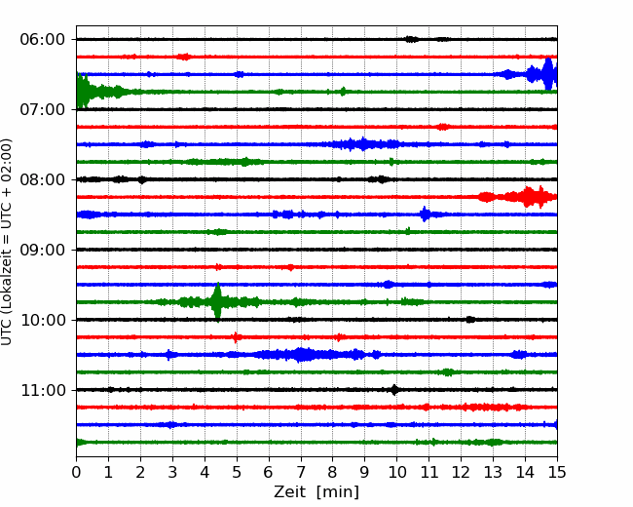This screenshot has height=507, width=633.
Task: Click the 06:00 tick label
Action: (x=43, y=40)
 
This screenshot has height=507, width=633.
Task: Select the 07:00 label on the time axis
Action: (x=43, y=109)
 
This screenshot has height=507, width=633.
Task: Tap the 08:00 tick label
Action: (x=43, y=179)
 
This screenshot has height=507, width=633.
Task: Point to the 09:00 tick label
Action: (x=43, y=250)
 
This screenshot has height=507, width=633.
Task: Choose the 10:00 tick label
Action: (x=43, y=320)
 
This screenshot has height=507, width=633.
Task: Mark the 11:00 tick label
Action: (x=43, y=390)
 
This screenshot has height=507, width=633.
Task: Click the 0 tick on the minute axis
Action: (x=76, y=472)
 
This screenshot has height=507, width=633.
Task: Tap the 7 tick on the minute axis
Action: (x=300, y=472)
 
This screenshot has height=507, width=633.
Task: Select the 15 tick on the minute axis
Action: (x=557, y=472)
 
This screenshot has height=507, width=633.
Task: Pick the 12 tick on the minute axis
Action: (x=461, y=472)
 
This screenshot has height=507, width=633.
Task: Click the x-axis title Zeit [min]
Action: (x=316, y=492)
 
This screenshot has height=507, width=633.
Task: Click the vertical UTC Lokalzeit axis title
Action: (x=6, y=242)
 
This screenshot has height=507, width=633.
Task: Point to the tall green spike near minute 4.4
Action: (x=217, y=302)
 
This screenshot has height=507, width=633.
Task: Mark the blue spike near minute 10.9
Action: (x=425, y=214)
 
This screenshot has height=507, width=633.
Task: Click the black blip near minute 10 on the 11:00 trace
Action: (x=394, y=390)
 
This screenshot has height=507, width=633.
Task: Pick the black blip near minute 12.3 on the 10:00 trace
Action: (x=470, y=320)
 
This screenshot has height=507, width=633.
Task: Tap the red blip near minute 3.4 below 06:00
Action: (x=184, y=57)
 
